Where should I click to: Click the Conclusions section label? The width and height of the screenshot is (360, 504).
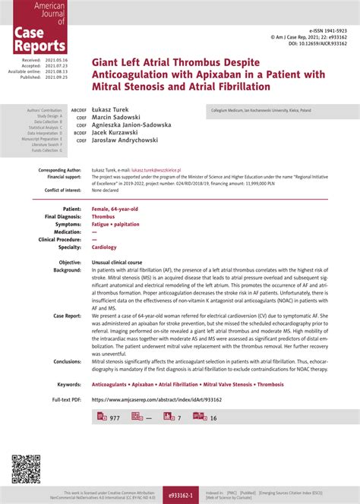coord(67,361)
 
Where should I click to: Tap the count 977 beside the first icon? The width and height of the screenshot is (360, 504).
coord(115,418)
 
